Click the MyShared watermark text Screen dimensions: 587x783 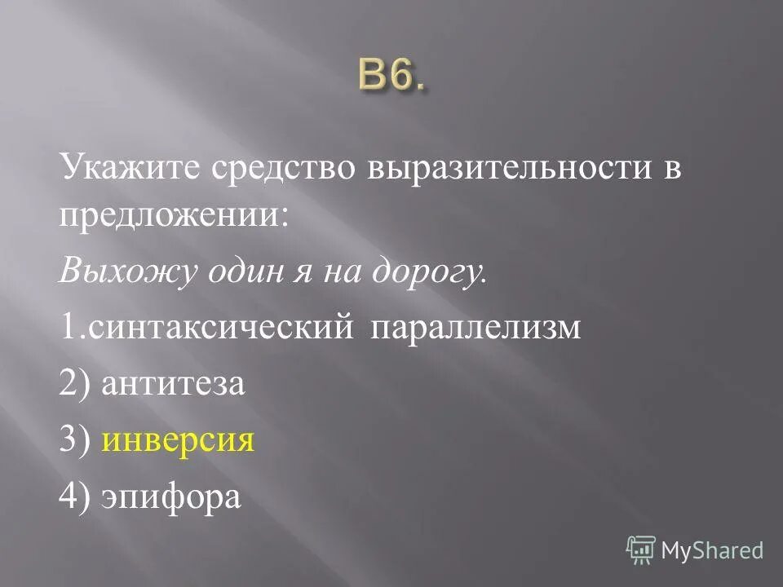coord(712,551)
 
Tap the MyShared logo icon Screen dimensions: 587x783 coord(641,550)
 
